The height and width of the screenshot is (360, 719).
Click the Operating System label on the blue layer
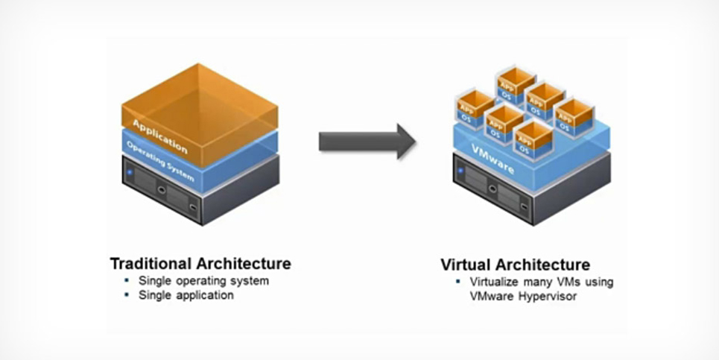click(160, 161)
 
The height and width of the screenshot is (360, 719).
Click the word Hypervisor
click(552, 296)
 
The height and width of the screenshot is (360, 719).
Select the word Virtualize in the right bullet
click(496, 282)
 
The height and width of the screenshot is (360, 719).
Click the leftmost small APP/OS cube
click(475, 109)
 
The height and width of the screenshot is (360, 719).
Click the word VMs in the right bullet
click(568, 282)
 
